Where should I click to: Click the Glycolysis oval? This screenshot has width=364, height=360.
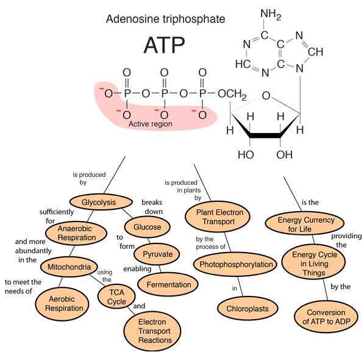click(101, 202)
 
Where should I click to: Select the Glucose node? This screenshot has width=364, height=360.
click(147, 227)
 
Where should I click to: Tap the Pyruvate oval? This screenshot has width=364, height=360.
click(157, 254)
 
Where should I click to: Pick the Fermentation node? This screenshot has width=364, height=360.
click(168, 284)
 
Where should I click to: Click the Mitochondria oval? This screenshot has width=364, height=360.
click(69, 267)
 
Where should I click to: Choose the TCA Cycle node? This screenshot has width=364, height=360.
click(116, 297)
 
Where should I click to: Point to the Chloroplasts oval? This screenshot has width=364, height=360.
click(248, 309)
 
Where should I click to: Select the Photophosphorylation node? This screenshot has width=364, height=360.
click(235, 264)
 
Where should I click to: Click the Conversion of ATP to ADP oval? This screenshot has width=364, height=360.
click(326, 317)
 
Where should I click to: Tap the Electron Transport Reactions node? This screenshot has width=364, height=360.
click(152, 331)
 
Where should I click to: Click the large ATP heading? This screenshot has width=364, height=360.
click(164, 45)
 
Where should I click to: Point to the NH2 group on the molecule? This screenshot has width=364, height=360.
click(271, 14)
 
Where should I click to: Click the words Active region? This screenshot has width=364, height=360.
click(151, 124)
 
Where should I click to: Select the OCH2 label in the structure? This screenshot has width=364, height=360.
click(232, 94)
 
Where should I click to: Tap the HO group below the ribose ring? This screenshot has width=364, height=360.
click(246, 155)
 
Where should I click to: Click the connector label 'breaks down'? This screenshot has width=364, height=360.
click(152, 207)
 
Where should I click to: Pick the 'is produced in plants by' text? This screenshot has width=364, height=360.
click(182, 190)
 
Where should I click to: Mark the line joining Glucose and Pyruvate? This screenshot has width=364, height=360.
click(149, 240)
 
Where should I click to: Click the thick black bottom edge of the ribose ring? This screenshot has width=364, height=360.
click(265, 135)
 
